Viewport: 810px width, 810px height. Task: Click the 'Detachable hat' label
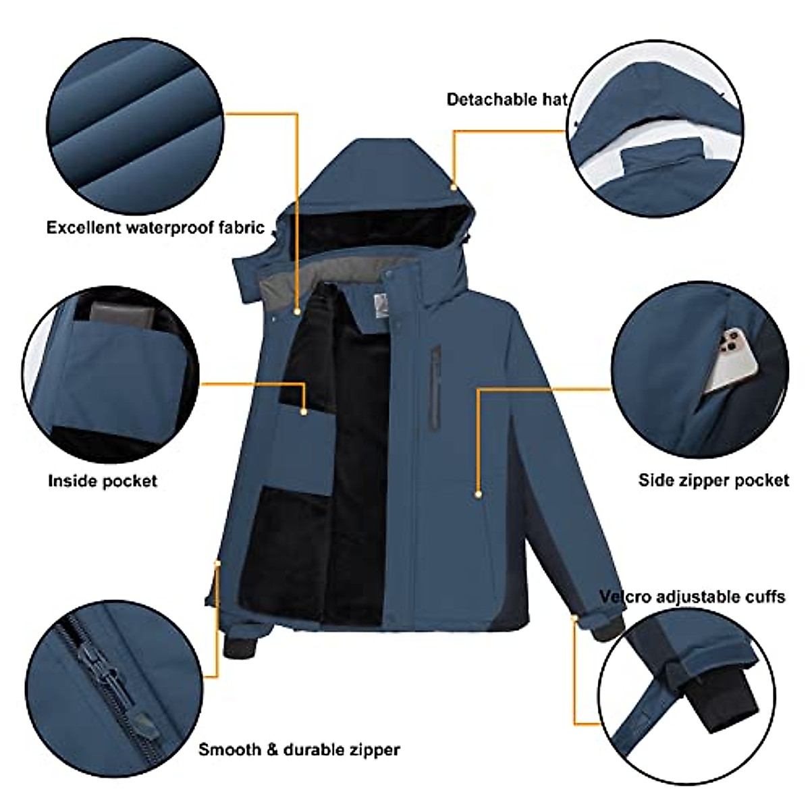[x=507, y=100]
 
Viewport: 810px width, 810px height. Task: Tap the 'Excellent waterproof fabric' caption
[x=155, y=227]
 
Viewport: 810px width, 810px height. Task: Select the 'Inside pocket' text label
[x=103, y=481]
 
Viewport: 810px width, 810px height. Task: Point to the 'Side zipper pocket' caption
[x=713, y=481]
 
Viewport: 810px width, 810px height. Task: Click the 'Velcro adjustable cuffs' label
[x=693, y=597]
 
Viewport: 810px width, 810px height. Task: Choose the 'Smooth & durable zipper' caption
[x=299, y=749]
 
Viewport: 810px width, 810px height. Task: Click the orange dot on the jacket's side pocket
[x=478, y=495]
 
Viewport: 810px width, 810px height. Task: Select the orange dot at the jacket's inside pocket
[x=304, y=410]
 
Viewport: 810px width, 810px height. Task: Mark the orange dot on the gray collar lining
[x=298, y=311]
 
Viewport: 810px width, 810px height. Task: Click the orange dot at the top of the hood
[x=454, y=187]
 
